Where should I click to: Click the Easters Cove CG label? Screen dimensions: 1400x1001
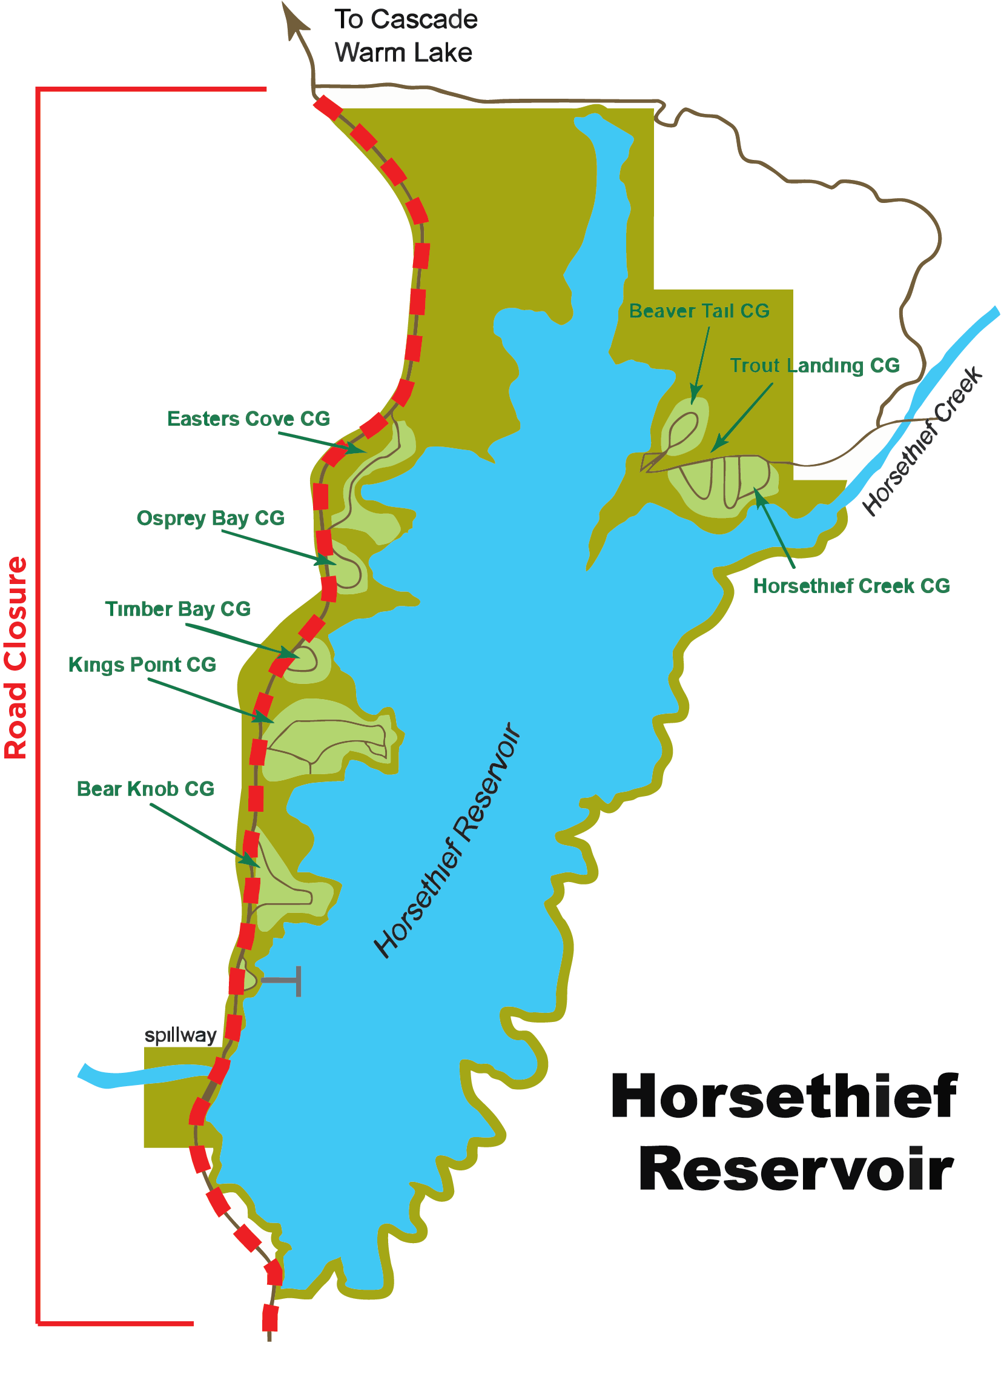pos(248,419)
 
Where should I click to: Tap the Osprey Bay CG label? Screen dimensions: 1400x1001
pos(210,519)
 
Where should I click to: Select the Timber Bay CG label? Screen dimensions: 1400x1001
pos(177,609)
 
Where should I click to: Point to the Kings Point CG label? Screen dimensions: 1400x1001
pos(142,665)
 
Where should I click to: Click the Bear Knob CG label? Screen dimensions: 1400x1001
pos(145,789)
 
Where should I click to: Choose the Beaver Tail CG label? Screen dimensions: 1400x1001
pos(699,311)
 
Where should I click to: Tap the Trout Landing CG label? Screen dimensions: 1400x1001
pos(814,365)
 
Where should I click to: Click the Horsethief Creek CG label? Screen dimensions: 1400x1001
pos(851,586)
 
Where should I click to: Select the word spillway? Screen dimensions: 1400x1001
pos(180,1035)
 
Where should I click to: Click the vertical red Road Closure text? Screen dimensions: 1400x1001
pos(16,657)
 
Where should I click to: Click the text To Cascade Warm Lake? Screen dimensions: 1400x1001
pos(405,36)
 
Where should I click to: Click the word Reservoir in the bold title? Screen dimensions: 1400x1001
pos(796,1169)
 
